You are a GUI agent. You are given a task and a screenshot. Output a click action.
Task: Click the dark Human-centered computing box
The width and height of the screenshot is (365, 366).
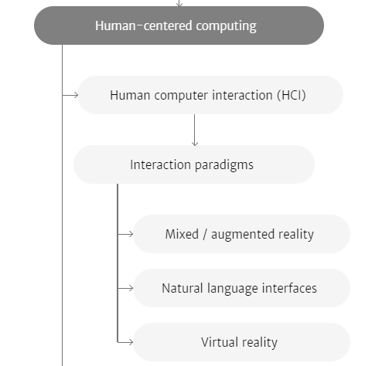[179, 25]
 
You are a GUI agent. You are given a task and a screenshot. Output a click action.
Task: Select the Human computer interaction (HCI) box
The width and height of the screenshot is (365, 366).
[210, 95]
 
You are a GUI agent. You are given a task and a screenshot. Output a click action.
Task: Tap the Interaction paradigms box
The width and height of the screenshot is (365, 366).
[194, 164]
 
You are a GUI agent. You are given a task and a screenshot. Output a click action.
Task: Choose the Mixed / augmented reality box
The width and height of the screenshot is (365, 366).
[241, 234]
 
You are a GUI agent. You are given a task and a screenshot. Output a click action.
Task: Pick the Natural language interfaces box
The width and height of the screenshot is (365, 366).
[241, 288]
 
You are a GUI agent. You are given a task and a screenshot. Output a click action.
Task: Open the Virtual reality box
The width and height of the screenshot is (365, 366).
[241, 342]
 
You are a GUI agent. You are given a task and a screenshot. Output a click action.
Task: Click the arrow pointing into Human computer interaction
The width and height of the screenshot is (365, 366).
[70, 95]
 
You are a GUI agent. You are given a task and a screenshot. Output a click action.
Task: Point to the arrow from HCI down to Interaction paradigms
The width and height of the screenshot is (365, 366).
[195, 130]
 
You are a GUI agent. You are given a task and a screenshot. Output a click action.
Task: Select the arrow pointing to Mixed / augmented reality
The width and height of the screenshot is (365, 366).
[125, 234]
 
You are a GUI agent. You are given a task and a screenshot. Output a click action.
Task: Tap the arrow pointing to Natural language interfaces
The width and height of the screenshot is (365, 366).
[125, 288]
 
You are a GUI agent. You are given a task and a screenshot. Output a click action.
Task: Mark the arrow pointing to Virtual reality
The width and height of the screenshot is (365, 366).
[125, 342]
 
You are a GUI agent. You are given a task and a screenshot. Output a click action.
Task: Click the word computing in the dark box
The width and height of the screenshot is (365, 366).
[226, 26]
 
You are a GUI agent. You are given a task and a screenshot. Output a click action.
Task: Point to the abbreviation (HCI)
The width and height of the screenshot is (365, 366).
[292, 95]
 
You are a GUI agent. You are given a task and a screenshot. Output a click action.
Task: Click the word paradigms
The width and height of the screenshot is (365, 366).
[224, 165]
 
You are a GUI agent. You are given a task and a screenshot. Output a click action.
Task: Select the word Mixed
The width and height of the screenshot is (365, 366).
[182, 234]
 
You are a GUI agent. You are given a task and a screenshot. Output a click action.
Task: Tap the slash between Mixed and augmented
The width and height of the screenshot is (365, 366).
[205, 234]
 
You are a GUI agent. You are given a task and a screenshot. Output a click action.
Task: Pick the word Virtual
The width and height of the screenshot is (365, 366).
[220, 342]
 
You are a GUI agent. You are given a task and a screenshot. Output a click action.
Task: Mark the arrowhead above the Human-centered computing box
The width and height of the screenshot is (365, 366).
[179, 4]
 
